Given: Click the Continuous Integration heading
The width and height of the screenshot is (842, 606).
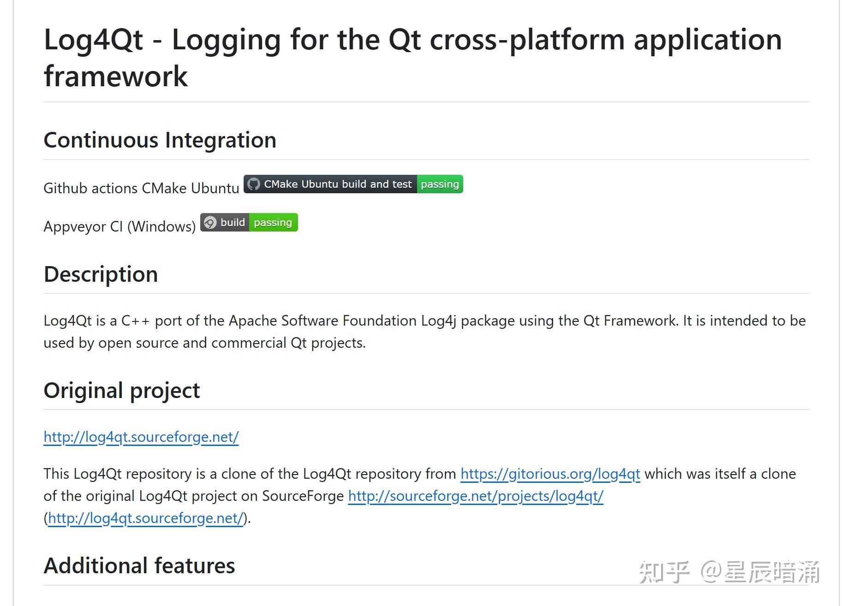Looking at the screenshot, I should click(160, 140).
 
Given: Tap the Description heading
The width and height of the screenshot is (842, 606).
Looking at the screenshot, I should click(101, 274).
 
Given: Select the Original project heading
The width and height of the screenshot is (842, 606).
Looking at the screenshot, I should click(121, 391).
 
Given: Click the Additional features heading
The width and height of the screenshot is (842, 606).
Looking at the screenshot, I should click(139, 566).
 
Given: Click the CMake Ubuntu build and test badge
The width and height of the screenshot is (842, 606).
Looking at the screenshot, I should click(353, 184).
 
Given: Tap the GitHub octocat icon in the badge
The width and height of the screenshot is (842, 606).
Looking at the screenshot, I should click(253, 184).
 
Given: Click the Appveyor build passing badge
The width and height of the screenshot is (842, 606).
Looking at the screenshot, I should click(249, 223).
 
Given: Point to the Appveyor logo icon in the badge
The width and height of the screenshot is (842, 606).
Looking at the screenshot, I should click(210, 223).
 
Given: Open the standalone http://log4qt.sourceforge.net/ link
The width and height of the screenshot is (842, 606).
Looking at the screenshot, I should click(141, 437).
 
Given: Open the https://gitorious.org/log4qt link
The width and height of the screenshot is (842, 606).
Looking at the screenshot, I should click(550, 474).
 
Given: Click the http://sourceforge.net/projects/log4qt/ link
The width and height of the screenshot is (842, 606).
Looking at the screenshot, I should click(475, 496).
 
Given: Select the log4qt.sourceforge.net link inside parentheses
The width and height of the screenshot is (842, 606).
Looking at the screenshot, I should click(145, 518).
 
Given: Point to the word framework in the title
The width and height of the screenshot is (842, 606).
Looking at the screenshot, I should click(115, 77).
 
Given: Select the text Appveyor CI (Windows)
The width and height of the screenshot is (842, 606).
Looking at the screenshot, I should click(119, 226).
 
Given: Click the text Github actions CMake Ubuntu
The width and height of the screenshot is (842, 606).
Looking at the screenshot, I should click(141, 188).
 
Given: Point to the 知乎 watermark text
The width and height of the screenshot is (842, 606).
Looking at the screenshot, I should click(664, 572).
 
